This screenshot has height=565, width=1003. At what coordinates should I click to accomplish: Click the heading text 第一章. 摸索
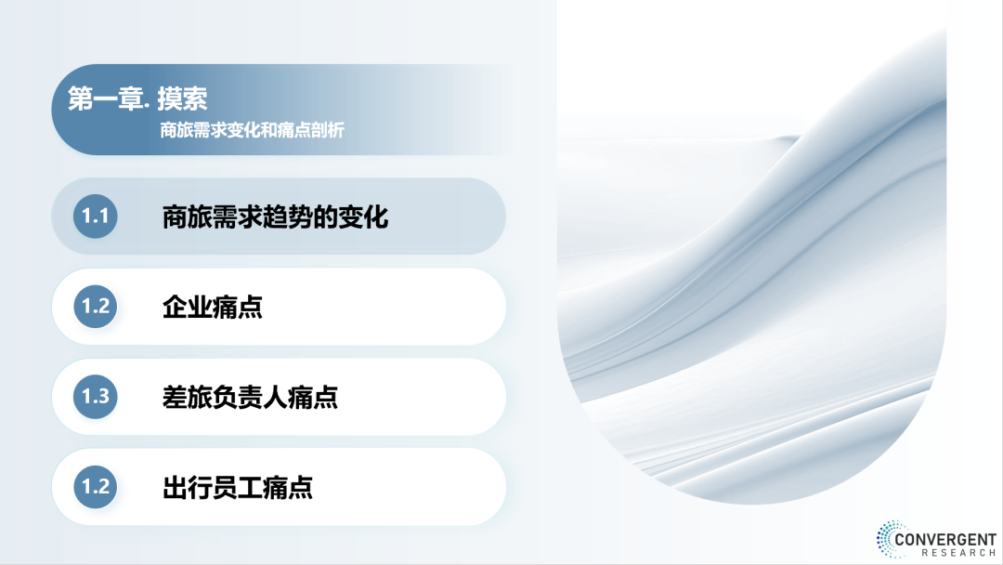click(137, 99)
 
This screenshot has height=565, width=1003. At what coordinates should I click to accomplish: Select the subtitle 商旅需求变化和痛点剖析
click(252, 130)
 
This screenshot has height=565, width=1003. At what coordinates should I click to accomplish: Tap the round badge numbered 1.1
click(96, 217)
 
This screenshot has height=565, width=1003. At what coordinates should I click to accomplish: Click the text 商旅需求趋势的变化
click(275, 217)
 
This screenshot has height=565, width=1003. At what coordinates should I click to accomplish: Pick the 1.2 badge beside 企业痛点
click(96, 307)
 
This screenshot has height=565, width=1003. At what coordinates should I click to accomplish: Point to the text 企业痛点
click(213, 308)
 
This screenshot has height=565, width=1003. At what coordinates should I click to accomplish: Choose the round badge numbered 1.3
click(96, 397)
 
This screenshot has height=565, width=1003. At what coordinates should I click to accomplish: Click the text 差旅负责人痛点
click(250, 398)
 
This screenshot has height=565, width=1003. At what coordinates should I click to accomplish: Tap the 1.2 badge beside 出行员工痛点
click(96, 487)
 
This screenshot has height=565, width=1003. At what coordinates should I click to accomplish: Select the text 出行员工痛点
click(238, 488)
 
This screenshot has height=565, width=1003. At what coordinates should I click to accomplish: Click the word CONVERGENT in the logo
click(945, 539)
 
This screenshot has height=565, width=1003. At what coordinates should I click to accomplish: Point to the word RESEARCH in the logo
click(958, 553)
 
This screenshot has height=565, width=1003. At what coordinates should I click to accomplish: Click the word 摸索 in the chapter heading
click(182, 99)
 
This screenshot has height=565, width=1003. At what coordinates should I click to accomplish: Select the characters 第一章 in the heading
click(106, 99)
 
